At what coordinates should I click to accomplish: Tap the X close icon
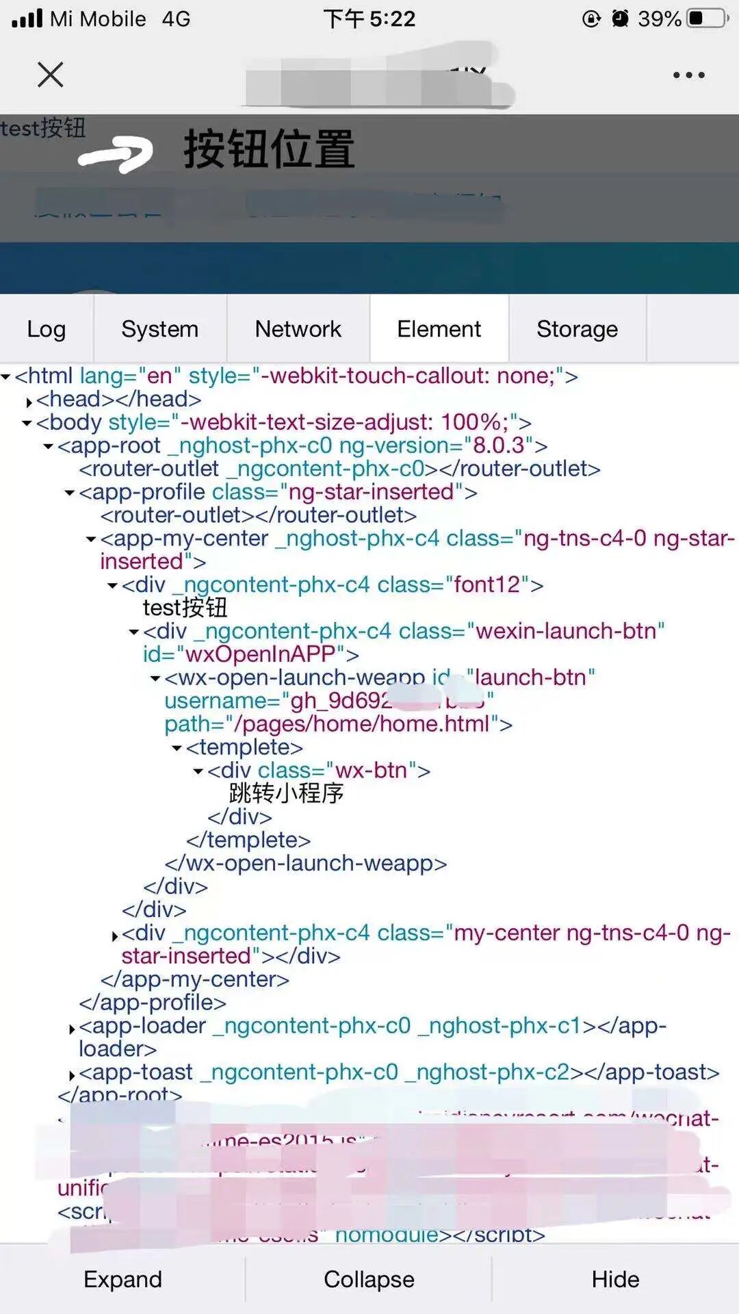click(51, 75)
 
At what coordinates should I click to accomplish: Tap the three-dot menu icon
click(688, 75)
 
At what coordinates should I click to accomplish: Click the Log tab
click(47, 329)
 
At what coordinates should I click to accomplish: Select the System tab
click(160, 329)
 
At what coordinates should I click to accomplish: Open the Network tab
click(298, 329)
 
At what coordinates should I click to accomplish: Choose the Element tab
click(439, 329)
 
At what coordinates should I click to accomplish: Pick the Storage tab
click(577, 329)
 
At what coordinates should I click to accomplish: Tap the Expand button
click(122, 1279)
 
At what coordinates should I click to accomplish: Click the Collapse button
click(369, 1279)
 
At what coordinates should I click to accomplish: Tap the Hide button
click(615, 1279)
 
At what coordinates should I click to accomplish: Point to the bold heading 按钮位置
click(269, 149)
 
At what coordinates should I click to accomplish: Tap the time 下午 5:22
click(369, 18)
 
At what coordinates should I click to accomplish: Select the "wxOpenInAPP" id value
click(261, 654)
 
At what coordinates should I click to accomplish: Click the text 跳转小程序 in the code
click(286, 793)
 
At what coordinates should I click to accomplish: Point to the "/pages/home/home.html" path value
click(362, 724)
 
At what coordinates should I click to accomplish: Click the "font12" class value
click(487, 585)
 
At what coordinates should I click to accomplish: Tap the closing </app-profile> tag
click(153, 1003)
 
